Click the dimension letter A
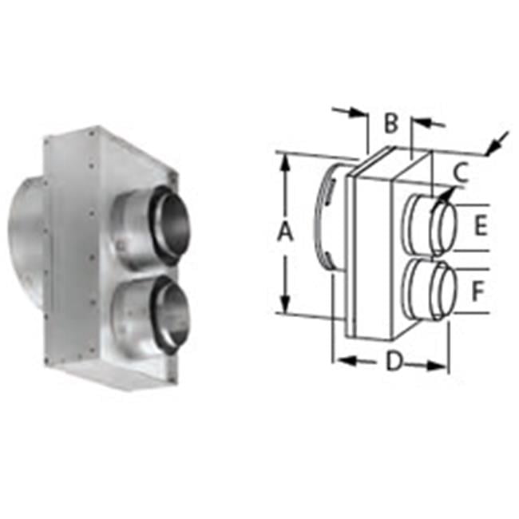click(x=284, y=232)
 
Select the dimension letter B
click(x=390, y=124)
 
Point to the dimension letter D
click(x=393, y=362)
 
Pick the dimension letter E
click(x=479, y=226)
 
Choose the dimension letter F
click(x=477, y=291)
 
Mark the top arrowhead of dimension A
click(x=285, y=160)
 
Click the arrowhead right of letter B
click(x=420, y=122)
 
